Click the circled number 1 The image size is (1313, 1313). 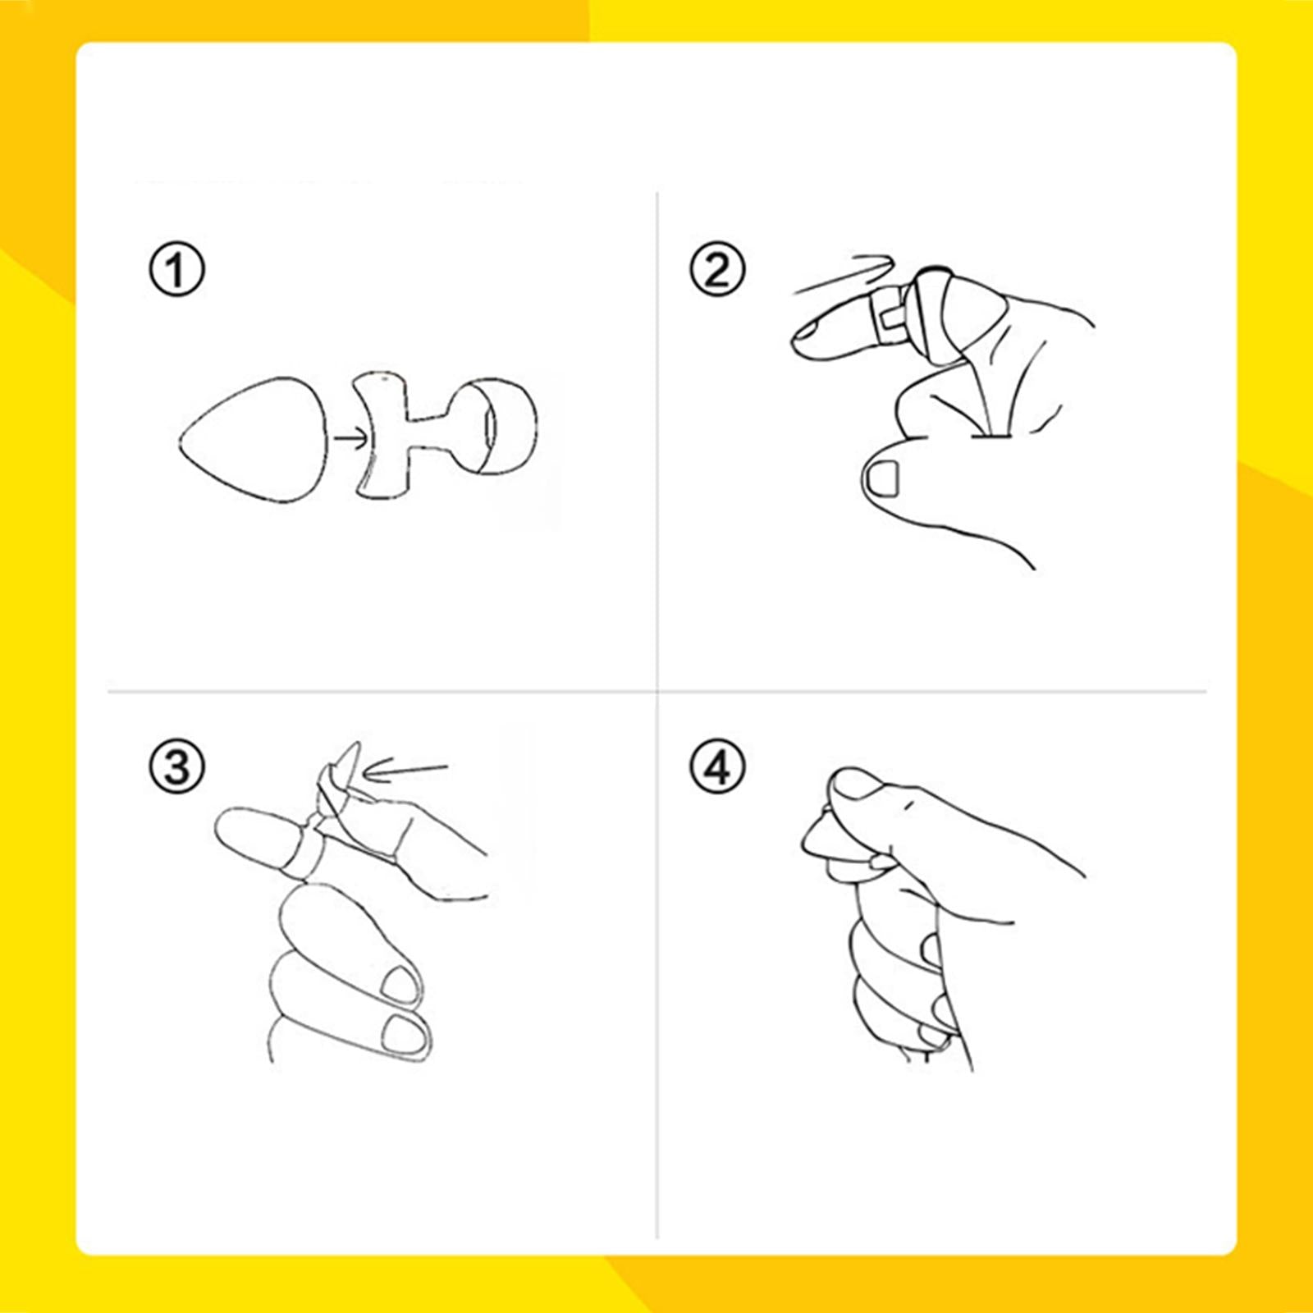coord(176,270)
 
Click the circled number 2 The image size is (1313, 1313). coord(716,270)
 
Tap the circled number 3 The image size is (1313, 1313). coord(176,767)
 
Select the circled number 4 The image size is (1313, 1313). coord(716,767)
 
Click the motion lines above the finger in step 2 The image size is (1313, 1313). coord(845,275)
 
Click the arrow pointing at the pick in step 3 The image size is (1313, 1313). coord(406,770)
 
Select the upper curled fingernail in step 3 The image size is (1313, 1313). coord(400,983)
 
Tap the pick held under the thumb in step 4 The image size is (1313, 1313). coord(821,837)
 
